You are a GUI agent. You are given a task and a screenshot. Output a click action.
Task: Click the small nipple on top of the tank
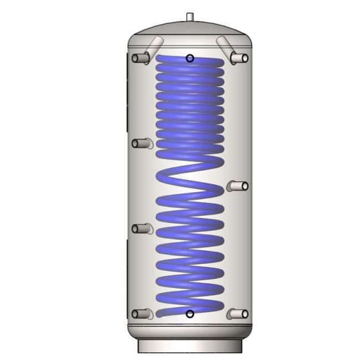click(x=189, y=17)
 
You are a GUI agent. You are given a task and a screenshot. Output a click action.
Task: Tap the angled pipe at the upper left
click(x=155, y=45)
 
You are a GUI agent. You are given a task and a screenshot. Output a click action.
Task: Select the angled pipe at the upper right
click(x=224, y=44)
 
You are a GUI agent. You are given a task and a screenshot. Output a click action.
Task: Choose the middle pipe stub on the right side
click(x=239, y=186)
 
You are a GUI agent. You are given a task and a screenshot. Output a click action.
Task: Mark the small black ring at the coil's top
click(x=190, y=58)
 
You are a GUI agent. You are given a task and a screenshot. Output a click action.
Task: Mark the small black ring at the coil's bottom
click(x=190, y=314)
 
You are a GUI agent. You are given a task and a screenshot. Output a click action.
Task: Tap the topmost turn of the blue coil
click(x=190, y=62)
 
